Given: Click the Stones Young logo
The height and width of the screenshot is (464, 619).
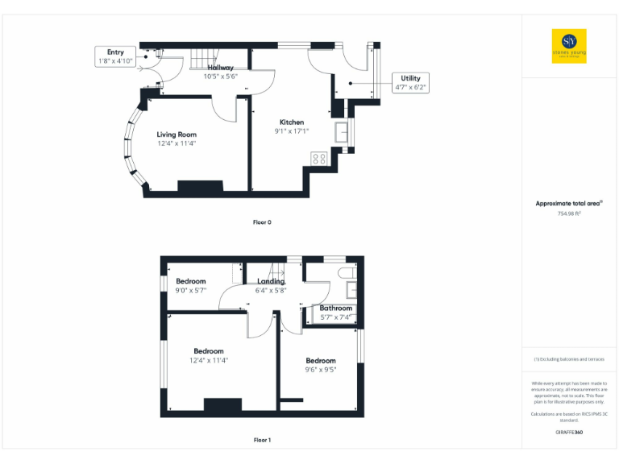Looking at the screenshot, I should tap(569, 46).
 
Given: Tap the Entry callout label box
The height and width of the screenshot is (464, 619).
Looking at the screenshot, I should tap(115, 56).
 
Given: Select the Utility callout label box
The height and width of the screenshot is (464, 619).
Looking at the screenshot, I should tap(409, 82).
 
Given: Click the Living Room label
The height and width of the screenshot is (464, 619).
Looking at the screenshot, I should tap(177, 135).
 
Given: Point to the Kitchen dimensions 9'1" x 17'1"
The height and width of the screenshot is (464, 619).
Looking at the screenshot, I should tap(291, 131).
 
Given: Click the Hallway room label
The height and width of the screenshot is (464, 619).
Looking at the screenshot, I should tap(220, 68).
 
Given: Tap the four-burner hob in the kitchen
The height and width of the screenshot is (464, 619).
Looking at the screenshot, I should tap(318, 159).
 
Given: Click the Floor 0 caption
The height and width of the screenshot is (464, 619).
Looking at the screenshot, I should tap(262, 222).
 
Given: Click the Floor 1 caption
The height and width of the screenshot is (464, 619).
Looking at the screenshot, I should tap(262, 440).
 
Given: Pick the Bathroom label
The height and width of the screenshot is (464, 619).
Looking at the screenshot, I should tap(335, 308).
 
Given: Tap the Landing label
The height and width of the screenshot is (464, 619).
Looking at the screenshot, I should tap(271, 281).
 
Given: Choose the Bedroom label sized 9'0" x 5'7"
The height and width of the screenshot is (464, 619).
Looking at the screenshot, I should tap(191, 281).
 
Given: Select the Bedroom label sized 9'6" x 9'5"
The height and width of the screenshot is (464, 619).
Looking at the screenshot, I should tap(321, 361).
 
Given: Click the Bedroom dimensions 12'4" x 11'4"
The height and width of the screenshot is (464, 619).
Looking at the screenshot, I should tap(208, 361).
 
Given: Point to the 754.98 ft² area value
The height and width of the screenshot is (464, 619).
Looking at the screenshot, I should tap(569, 213).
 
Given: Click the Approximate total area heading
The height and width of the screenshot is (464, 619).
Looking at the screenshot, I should tap(569, 203).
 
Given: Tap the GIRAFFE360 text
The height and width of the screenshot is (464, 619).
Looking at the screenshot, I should tap(569, 433).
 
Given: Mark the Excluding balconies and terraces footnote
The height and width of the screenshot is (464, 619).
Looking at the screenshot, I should tap(569, 358).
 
